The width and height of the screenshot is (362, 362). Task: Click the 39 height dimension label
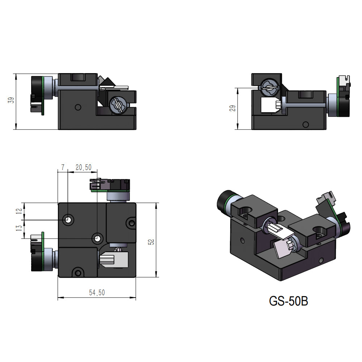pos(11,101)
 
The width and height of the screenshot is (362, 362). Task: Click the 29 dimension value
pos(232,108)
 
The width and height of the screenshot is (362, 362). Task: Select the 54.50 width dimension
pos(97,292)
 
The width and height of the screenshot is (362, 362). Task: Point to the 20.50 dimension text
pos(83,167)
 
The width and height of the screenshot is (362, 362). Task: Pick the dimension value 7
pos(63,167)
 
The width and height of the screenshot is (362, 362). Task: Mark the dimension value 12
pos(18,211)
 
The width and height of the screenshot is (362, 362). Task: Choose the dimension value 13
pos(18,230)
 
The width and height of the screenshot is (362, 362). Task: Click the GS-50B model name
pos(288,301)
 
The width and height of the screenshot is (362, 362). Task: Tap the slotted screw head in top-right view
pos(269,88)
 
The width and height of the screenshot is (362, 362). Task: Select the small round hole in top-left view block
pos(77,107)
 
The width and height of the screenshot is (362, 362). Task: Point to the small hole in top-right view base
pos(306,125)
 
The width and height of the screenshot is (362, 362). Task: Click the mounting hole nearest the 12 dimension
pos(68,219)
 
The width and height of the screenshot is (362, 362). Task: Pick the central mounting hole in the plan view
pos(97,238)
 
